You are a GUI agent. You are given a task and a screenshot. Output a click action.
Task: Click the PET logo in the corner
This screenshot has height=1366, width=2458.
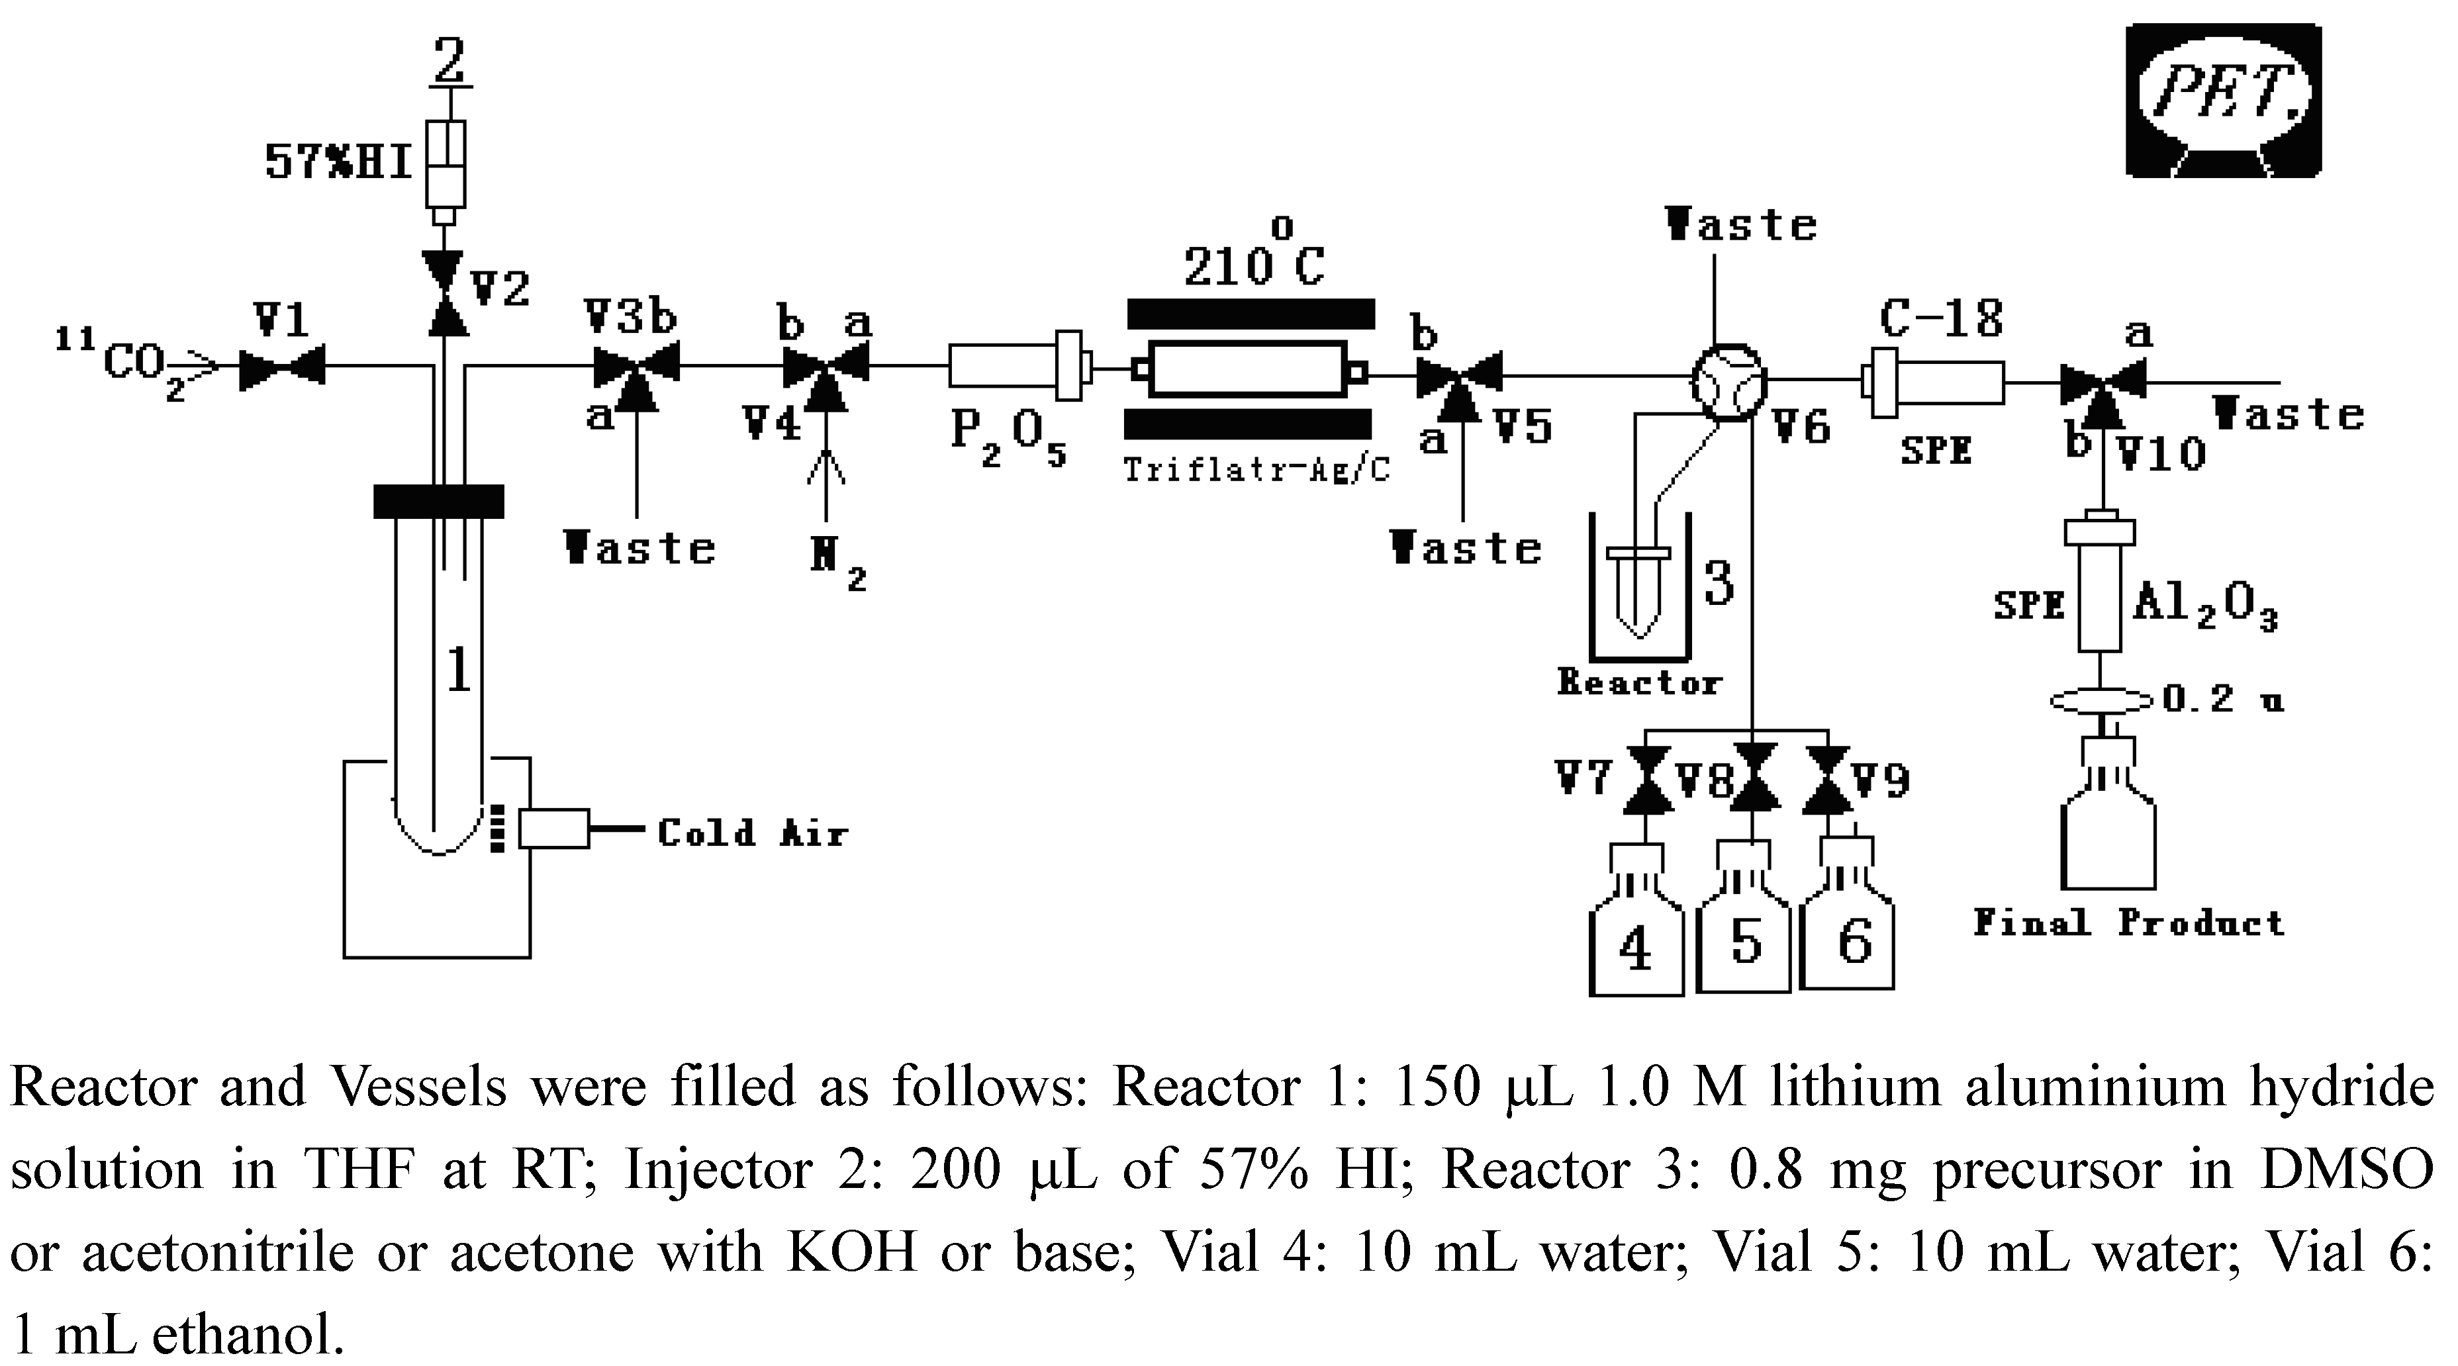(2222, 99)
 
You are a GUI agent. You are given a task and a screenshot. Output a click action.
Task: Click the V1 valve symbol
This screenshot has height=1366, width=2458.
(283, 366)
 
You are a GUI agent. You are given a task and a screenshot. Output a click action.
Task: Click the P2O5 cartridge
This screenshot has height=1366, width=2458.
(1016, 366)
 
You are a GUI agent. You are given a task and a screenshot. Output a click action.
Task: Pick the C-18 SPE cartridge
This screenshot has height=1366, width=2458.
(1932, 382)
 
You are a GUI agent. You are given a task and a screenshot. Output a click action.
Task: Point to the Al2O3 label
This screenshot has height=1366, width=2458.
(2204, 605)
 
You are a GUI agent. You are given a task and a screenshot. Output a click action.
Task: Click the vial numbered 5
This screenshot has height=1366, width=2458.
(1743, 940)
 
